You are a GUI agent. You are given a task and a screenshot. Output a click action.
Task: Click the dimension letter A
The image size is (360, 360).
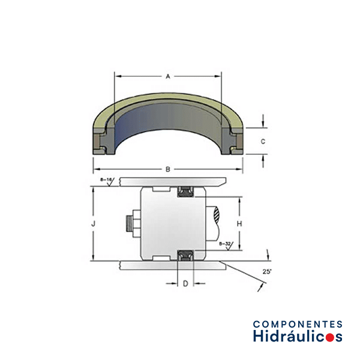click(x=168, y=76)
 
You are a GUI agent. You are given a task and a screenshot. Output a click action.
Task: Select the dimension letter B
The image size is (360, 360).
click(x=168, y=169)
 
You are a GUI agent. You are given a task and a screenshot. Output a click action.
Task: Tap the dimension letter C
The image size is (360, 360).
click(x=263, y=142)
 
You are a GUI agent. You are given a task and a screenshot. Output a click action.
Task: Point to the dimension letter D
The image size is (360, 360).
click(x=185, y=284)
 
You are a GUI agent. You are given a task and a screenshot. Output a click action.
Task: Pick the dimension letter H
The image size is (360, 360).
click(x=239, y=223)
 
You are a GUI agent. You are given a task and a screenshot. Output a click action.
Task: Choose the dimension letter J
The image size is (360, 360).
click(x=93, y=223)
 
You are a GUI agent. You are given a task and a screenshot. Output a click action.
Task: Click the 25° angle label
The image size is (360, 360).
click(x=267, y=272)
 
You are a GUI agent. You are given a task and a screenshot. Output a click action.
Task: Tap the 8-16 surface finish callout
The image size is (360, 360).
click(x=107, y=181)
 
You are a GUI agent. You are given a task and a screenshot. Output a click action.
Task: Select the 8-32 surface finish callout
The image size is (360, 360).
click(x=226, y=245)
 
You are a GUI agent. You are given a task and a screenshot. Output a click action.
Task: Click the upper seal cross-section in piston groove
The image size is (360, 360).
click(x=185, y=192)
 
